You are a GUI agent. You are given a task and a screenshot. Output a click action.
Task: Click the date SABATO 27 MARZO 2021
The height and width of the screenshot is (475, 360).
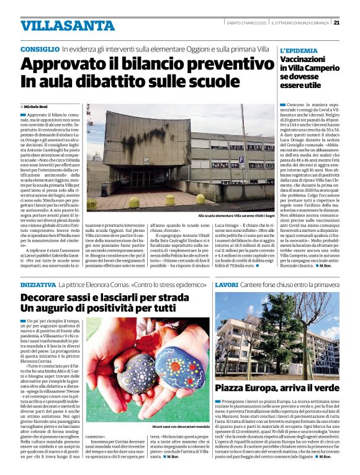tap(246, 22)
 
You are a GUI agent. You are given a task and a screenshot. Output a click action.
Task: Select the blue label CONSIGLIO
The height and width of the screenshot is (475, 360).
tap(39, 48)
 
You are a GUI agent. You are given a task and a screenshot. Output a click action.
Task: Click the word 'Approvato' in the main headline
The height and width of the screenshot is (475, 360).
tap(65, 64)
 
